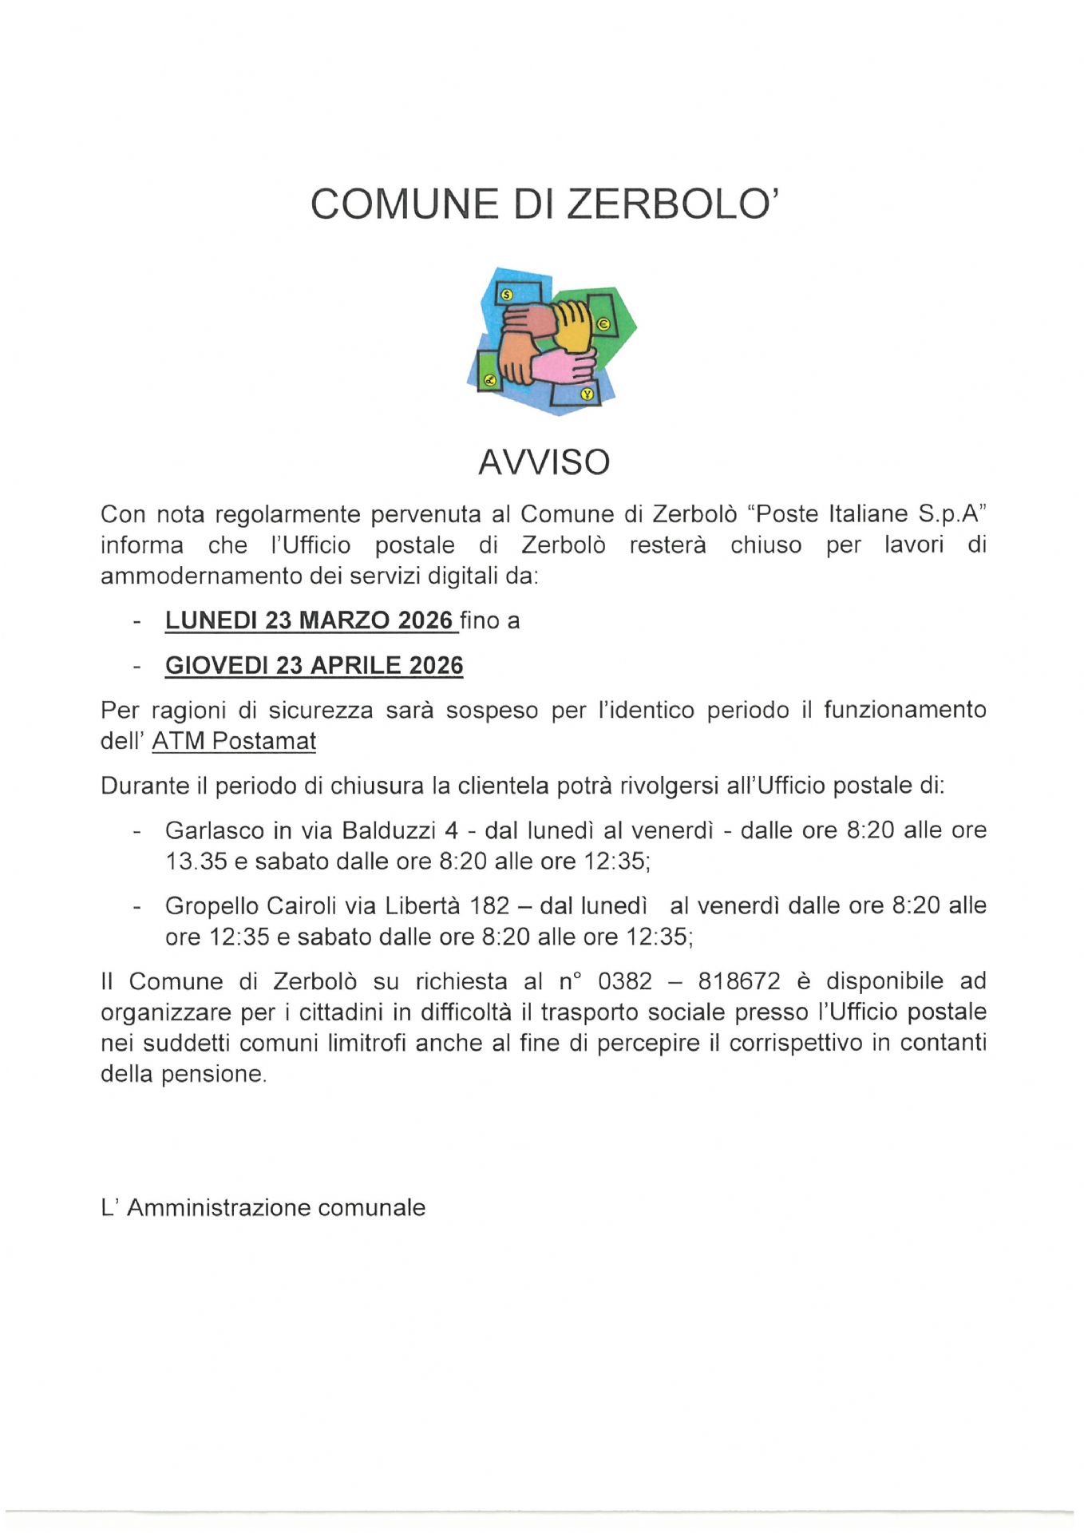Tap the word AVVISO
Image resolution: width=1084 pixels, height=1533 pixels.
544,462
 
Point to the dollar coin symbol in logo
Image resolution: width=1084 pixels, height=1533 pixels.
506,295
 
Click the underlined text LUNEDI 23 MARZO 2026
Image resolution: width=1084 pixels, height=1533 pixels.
309,620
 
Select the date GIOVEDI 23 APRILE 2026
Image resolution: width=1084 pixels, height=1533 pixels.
314,665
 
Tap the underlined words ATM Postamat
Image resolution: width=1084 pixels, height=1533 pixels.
234,741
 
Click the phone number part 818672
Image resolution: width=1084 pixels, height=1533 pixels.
738,980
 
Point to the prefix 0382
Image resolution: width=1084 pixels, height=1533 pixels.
624,980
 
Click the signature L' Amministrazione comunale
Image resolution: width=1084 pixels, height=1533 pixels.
263,1207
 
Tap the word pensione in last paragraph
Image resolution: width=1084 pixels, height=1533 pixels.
213,1074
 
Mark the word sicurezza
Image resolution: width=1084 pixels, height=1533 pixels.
320,710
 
